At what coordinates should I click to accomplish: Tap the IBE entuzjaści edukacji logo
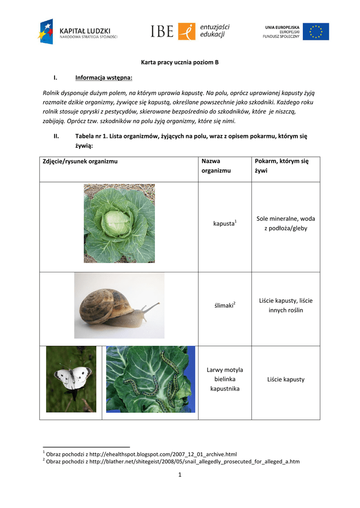tap(190, 31)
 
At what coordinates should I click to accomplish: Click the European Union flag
tap(316, 32)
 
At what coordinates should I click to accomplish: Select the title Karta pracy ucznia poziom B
tap(180, 63)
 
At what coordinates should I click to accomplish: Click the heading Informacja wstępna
tap(104, 78)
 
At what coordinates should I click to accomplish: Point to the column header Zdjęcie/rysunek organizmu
tap(80, 161)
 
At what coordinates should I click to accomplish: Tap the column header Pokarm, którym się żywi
tap(282, 166)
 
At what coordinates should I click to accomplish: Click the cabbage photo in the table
tap(119, 223)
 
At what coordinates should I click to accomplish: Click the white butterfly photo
tap(72, 379)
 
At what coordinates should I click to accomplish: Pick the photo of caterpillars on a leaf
tap(150, 379)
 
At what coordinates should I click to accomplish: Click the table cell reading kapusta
tap(224, 224)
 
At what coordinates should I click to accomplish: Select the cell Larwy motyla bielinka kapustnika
tap(224, 379)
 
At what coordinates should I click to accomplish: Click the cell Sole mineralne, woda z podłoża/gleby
tap(286, 223)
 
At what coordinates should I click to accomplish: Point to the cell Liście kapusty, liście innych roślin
tap(286, 305)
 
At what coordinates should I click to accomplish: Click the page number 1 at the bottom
tap(180, 475)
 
